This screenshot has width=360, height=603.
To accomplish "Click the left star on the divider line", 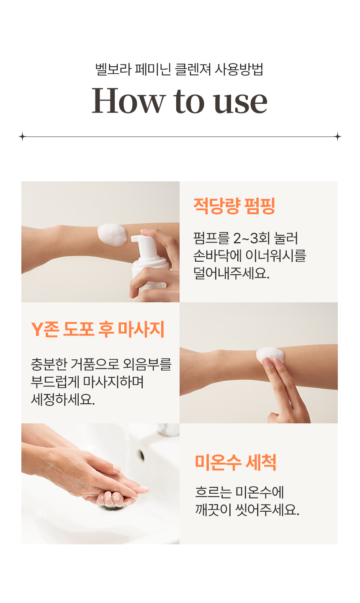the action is coord(22,137).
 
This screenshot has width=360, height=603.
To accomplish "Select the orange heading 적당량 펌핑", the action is coord(234,206).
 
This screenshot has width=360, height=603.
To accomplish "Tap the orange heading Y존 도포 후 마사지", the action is coord(98,329).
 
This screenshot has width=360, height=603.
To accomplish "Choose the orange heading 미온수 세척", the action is coord(235,462).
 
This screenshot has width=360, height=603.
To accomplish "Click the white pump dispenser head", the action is coord(144,244).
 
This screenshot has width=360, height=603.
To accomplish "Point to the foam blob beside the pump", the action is coord(112,235).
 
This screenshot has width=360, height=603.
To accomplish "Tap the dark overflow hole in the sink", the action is coord(141,455).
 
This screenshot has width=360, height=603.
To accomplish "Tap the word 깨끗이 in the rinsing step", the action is coord(213,509).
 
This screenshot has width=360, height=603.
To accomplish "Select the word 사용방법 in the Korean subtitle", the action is coord(239,69).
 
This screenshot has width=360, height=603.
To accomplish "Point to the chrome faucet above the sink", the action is coord(168,429).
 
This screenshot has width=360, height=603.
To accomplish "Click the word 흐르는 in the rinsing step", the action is coord(213,492).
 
